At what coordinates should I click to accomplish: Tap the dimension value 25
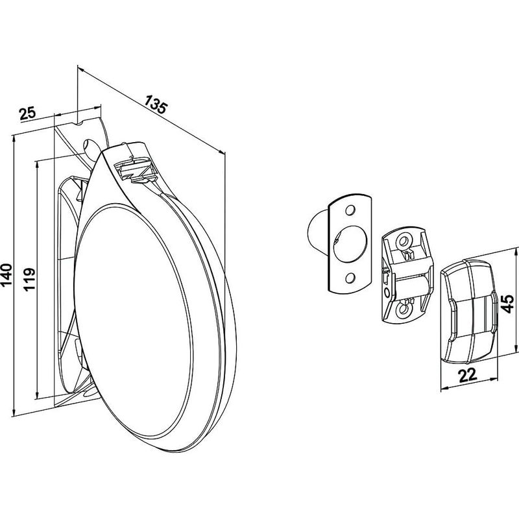(x=28, y=114)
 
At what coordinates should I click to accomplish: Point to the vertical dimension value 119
(x=30, y=279)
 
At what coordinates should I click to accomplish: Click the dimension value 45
(x=507, y=304)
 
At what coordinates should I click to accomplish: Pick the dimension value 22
(x=467, y=375)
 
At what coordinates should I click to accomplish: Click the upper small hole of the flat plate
(x=350, y=210)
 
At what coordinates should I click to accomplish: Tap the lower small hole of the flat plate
(x=349, y=278)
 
